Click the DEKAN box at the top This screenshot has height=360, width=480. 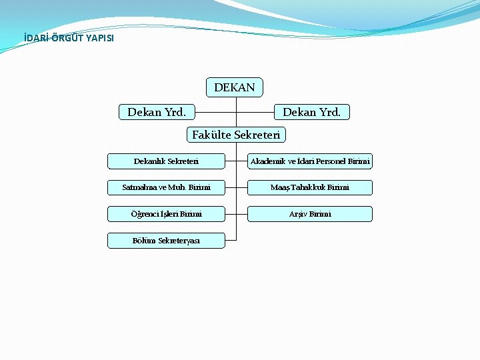(235, 87)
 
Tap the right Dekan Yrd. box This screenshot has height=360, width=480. (311, 113)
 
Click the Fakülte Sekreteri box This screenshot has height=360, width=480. (236, 135)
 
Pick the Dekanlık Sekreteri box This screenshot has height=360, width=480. (166, 161)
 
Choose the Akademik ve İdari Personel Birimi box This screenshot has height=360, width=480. (310, 161)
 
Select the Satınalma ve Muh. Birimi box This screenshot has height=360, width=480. (166, 187)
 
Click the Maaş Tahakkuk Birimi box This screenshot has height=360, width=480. (310, 187)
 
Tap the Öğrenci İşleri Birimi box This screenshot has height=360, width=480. (166, 214)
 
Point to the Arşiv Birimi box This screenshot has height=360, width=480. (310, 214)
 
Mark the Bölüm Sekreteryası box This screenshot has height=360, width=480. (166, 241)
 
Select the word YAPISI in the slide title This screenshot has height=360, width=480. (99, 38)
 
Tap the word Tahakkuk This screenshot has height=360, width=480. (306, 187)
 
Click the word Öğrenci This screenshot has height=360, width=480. (144, 214)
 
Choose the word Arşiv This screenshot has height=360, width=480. (297, 214)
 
